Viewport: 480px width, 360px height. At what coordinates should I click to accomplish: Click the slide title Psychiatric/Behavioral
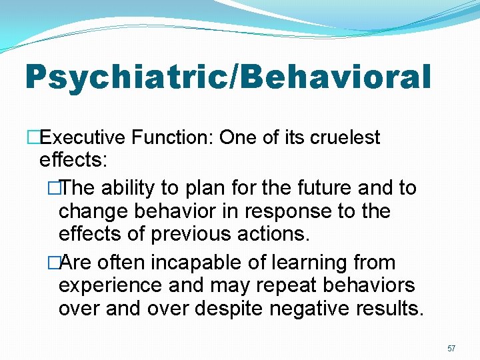228,77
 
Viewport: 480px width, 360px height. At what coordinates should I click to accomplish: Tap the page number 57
451,349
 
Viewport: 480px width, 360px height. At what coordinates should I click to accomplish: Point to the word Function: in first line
172,138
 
